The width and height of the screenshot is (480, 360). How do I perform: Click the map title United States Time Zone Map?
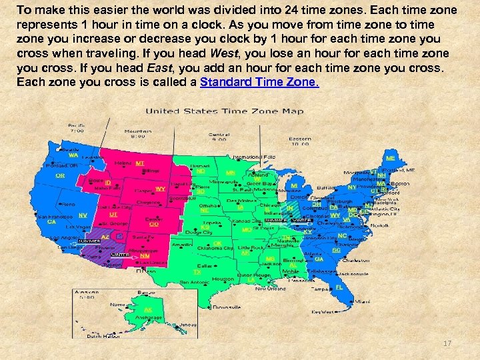tap(225, 111)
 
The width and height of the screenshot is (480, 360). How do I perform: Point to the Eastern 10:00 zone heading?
tap(300, 139)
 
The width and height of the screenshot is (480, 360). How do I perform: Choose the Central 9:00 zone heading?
tap(219, 136)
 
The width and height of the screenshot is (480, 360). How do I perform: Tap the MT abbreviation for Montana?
tap(140, 163)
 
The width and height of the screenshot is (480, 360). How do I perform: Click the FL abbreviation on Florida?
tap(339, 287)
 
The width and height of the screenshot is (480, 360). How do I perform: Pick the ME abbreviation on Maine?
tap(391, 158)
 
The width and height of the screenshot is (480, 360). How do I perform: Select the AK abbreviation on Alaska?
tap(147, 310)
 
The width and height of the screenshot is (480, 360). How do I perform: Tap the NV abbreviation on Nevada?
tap(83, 215)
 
